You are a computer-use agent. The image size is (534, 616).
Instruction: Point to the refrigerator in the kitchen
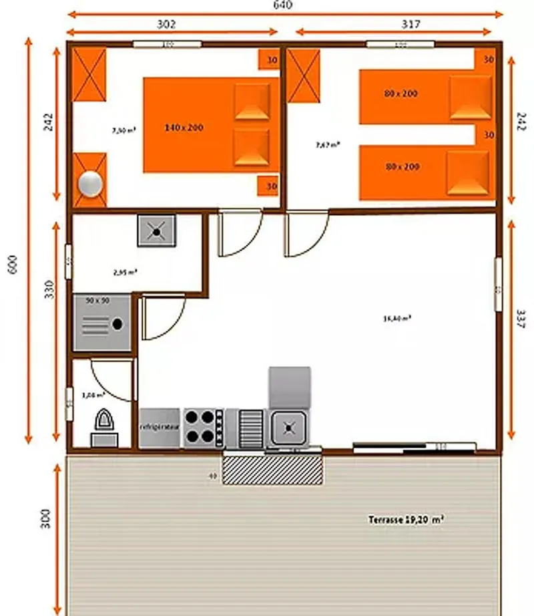[x=160, y=427]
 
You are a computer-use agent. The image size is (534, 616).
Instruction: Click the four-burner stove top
[x=204, y=427]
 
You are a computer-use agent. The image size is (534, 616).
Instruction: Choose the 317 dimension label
[x=411, y=24]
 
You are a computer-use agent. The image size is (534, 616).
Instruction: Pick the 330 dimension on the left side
[x=49, y=289]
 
